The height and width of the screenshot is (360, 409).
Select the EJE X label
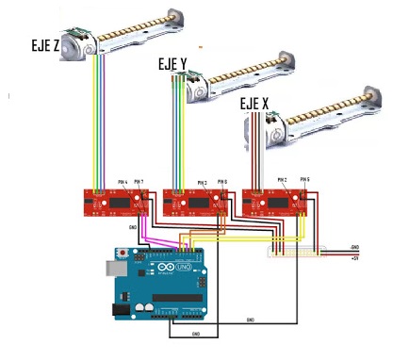(x=254, y=103)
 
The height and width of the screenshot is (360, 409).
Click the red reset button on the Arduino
(x=123, y=254)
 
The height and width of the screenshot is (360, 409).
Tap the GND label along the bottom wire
(x=195, y=333)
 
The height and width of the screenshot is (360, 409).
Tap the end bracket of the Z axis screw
(x=173, y=17)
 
